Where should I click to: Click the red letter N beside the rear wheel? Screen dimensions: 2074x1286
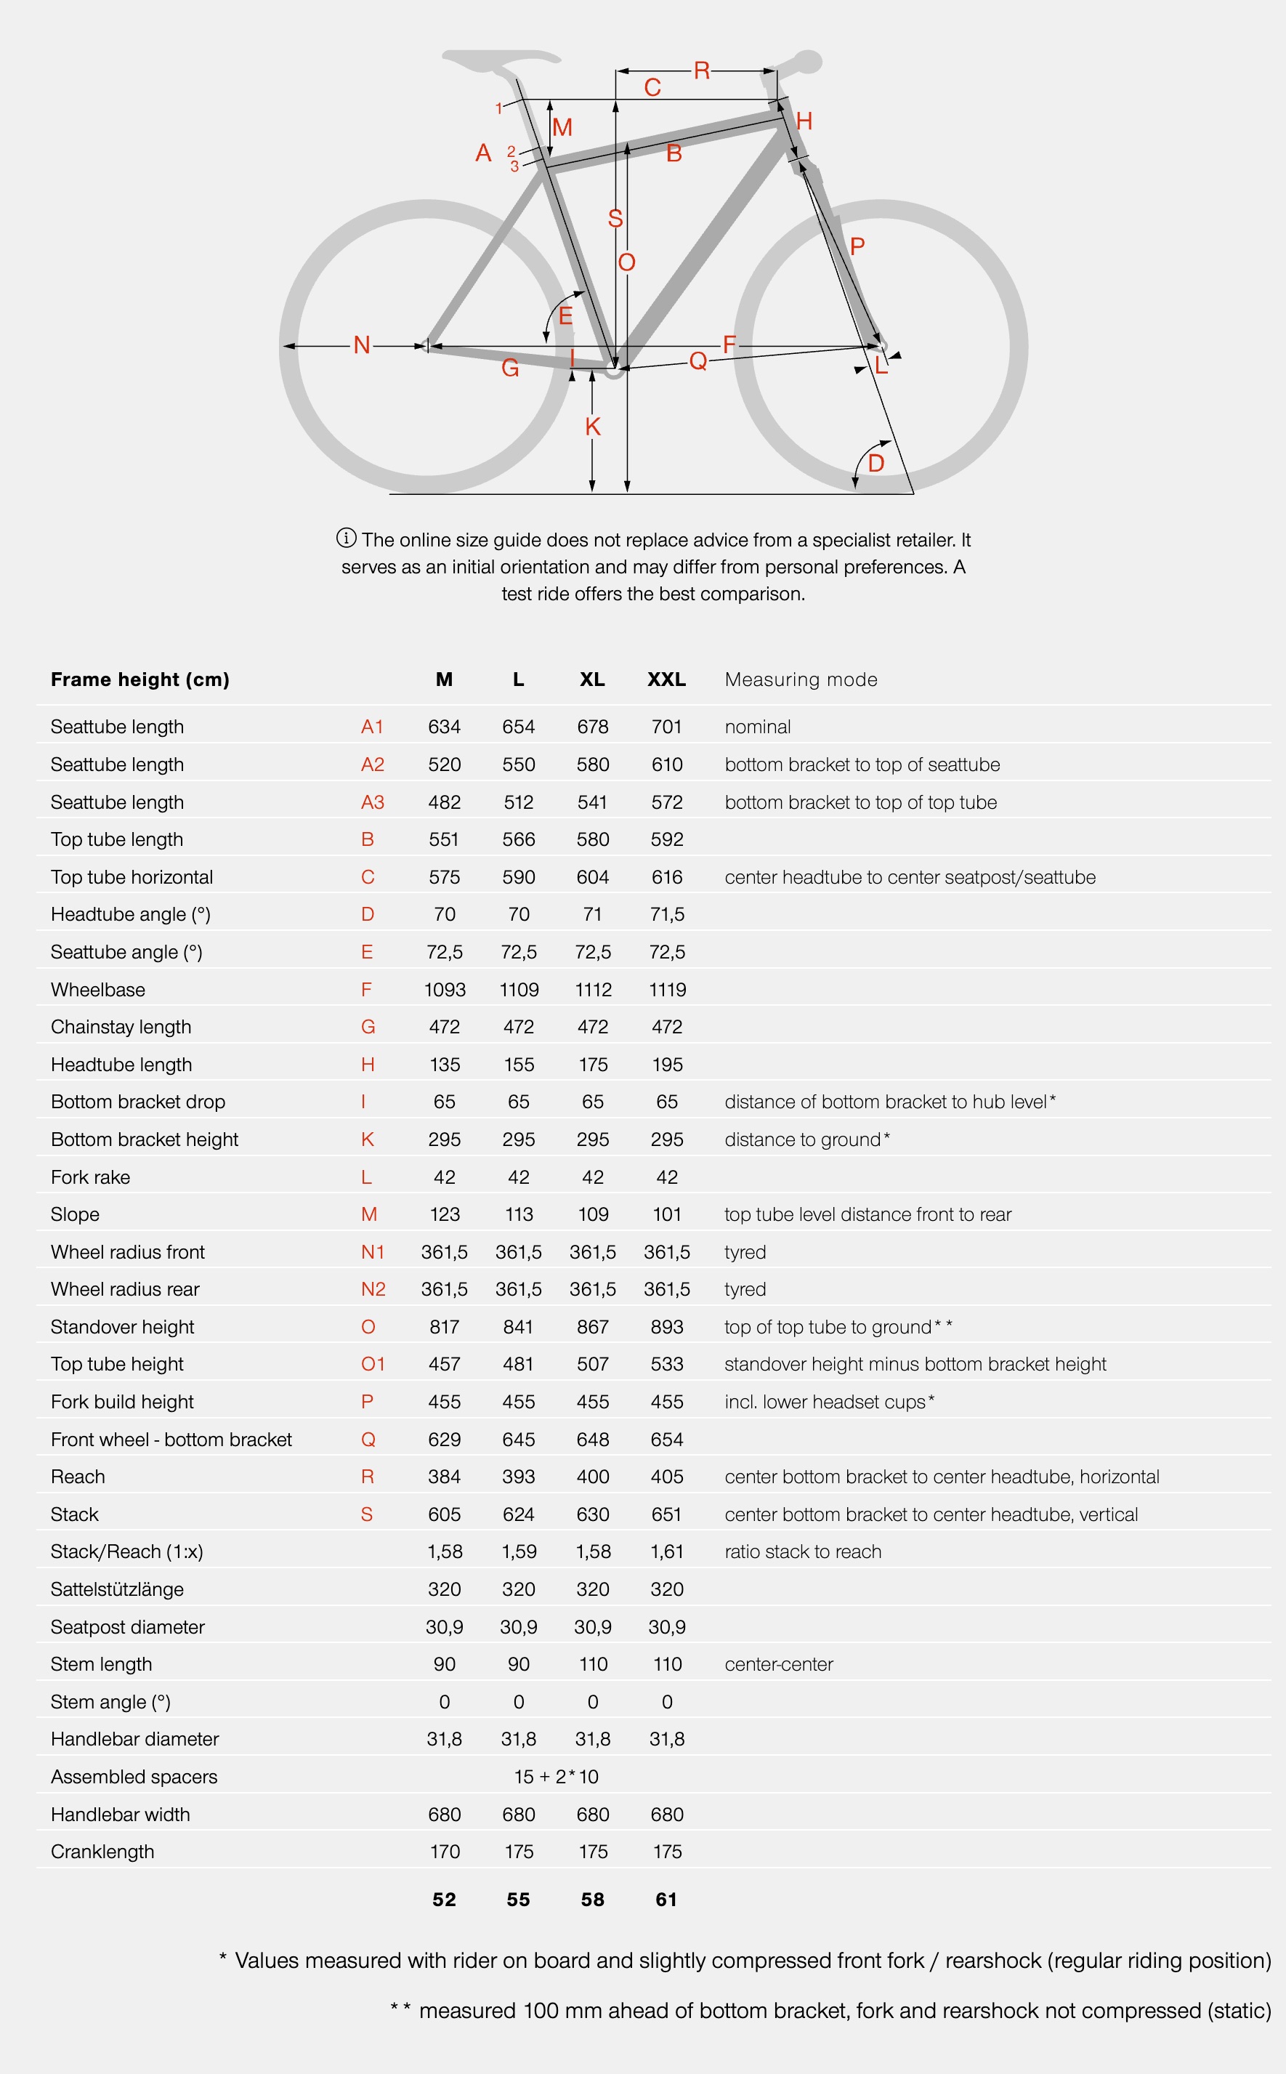(362, 344)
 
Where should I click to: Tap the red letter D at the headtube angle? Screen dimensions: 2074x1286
(876, 464)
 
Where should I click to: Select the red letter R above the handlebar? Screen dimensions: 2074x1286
(702, 70)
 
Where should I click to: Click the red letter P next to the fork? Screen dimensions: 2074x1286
(857, 246)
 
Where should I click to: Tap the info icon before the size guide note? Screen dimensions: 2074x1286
(346, 538)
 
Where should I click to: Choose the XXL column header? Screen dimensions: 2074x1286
(666, 679)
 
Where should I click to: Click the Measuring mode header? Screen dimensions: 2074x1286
(801, 679)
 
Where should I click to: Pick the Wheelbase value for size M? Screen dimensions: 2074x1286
(445, 989)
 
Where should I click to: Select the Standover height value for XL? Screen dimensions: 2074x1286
(593, 1326)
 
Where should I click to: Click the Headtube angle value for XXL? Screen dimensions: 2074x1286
(667, 914)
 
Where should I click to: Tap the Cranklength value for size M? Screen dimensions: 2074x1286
(445, 1851)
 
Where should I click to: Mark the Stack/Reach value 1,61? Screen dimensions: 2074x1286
(667, 1551)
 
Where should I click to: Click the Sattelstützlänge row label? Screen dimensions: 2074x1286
(116, 1589)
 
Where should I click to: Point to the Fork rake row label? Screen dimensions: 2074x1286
(90, 1177)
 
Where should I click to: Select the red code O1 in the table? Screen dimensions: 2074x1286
(373, 1364)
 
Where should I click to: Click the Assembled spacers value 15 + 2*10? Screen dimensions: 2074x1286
(557, 1776)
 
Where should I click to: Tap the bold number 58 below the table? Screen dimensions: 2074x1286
(593, 1899)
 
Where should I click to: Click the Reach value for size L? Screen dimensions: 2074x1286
(519, 1476)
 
